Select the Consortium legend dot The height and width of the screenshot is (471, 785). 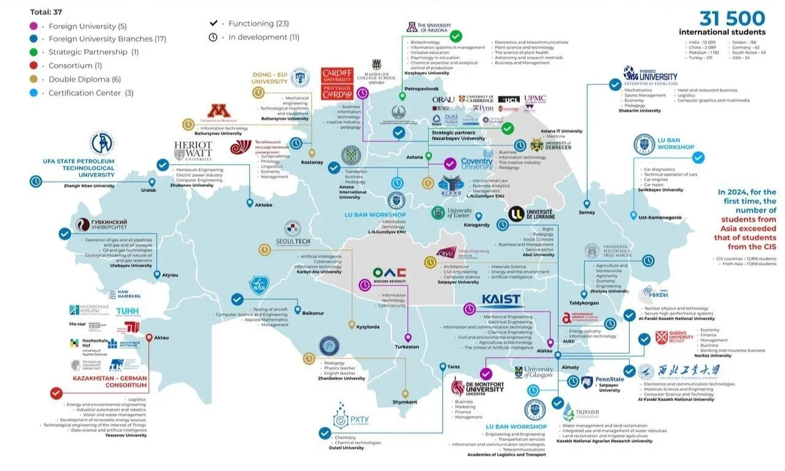[x=34, y=66]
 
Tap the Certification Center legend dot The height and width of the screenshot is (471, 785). [x=34, y=93]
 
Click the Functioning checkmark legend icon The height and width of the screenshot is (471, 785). [x=214, y=23]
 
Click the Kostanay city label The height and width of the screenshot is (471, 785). [x=311, y=162]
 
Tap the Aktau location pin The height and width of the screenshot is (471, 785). [x=149, y=337]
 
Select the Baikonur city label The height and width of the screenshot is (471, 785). [x=313, y=313]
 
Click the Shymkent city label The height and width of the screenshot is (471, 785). [x=404, y=402]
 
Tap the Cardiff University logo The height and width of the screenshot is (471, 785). [x=338, y=84]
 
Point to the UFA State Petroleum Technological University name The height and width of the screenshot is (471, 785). [x=79, y=168]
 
